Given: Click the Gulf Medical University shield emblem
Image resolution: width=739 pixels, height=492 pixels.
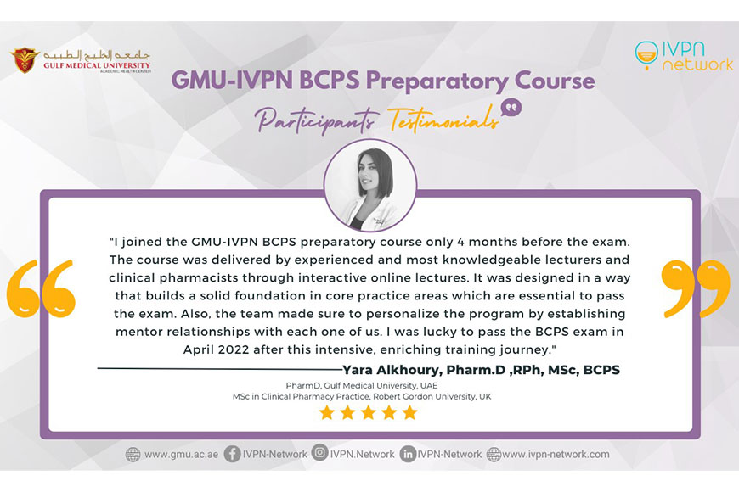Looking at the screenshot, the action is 24,59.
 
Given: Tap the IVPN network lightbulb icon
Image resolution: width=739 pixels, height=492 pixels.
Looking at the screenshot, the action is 646,54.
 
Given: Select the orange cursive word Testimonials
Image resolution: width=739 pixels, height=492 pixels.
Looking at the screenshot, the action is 444,119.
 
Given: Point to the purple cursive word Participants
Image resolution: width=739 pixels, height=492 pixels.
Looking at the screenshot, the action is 317,120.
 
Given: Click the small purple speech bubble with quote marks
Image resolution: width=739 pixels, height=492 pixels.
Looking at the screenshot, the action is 511,108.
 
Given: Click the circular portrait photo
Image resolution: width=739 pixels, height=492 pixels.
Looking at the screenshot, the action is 370,186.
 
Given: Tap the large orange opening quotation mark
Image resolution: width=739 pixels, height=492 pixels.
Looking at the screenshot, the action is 41,288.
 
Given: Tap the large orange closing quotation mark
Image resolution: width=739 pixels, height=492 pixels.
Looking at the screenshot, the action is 696,288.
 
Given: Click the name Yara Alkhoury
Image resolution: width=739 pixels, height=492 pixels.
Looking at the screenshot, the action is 392,370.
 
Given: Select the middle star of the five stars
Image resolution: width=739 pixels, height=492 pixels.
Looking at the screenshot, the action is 368,412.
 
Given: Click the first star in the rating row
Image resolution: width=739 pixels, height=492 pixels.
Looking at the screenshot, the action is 327,412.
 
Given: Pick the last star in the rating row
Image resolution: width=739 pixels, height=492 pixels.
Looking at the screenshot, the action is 409,412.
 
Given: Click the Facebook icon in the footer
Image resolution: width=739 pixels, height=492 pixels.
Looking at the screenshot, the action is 232,454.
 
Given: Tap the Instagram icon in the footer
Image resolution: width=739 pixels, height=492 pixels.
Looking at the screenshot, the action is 319,453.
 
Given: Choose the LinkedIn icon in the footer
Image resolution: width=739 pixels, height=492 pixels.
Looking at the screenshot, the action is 408,454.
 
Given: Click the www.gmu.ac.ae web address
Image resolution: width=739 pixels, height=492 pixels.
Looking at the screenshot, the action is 181,455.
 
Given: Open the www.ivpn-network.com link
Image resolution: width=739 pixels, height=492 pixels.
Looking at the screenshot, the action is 556,455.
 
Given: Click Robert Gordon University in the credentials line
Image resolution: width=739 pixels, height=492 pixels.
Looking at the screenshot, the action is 425,396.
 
